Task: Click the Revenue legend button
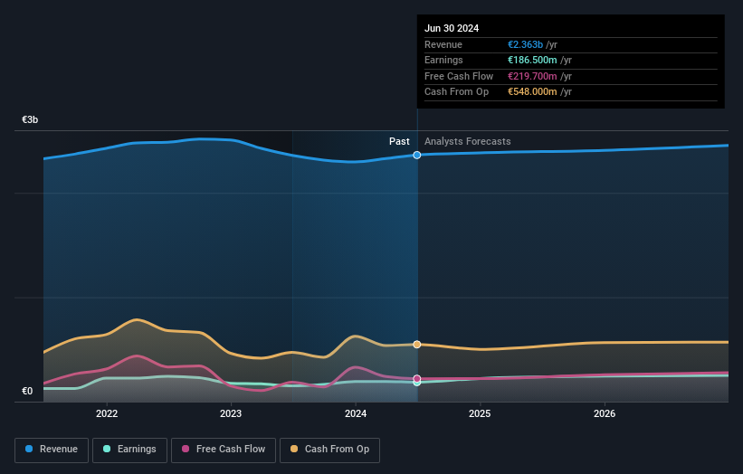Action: (x=52, y=449)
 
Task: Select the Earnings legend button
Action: (x=129, y=449)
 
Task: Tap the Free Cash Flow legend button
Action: (x=223, y=449)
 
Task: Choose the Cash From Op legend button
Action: (x=329, y=449)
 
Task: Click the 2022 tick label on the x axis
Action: (x=107, y=413)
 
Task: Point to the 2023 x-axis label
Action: (x=231, y=413)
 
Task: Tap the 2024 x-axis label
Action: (x=356, y=413)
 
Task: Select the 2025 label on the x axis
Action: (x=480, y=413)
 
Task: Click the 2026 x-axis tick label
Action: (x=605, y=413)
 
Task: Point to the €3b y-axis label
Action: (x=31, y=119)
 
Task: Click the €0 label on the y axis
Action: (x=27, y=391)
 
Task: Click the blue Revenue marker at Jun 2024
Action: (x=417, y=156)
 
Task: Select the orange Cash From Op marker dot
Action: (x=417, y=345)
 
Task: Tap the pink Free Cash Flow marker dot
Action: (x=417, y=378)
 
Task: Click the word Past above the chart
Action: (x=399, y=142)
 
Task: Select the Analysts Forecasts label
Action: (x=467, y=142)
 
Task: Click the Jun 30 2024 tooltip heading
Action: (x=452, y=28)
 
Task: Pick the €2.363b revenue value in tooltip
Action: (x=526, y=45)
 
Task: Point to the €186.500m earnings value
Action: (x=533, y=61)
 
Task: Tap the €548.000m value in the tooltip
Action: (x=533, y=92)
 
